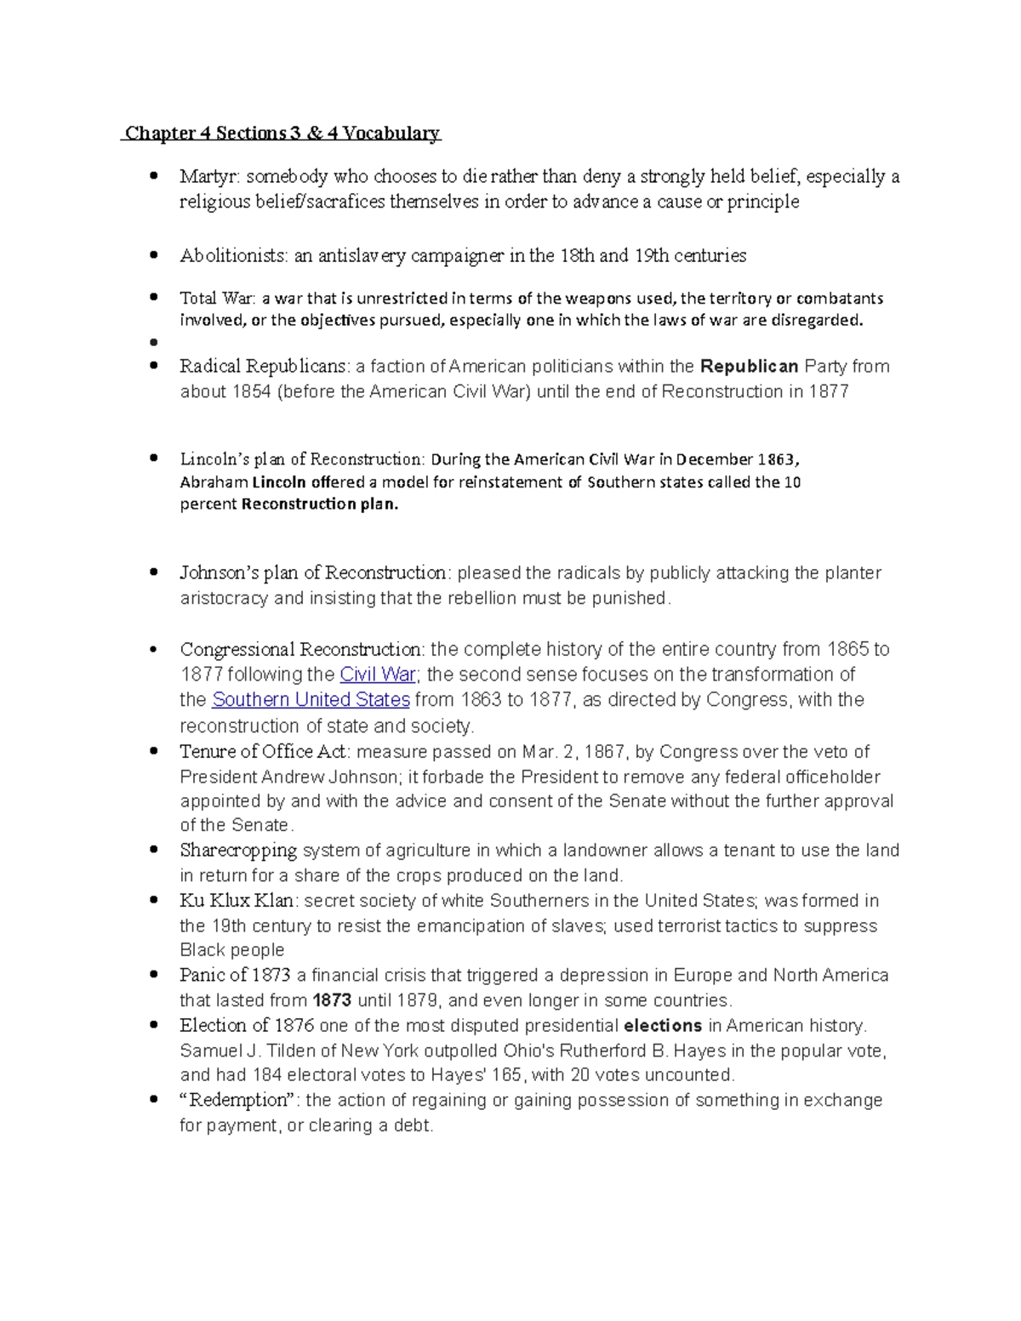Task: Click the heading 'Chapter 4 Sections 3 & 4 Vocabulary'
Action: [x=282, y=133]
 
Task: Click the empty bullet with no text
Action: [x=153, y=343]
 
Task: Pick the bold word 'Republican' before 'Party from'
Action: [x=749, y=367]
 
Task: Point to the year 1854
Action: [x=251, y=392]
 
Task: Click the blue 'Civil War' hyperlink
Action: [x=377, y=675]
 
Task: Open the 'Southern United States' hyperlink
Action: [x=311, y=700]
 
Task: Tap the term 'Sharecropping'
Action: [x=238, y=851]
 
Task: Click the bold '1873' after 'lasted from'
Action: [x=333, y=1000]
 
